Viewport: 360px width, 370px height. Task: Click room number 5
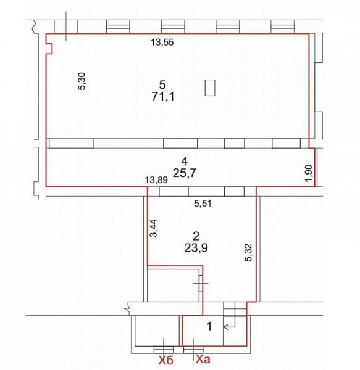click(x=162, y=84)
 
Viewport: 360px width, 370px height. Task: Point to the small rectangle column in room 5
click(x=211, y=88)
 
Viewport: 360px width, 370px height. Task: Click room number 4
click(x=183, y=162)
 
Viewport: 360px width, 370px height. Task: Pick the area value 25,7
click(x=183, y=174)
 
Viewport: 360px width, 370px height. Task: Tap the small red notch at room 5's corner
click(x=49, y=49)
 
